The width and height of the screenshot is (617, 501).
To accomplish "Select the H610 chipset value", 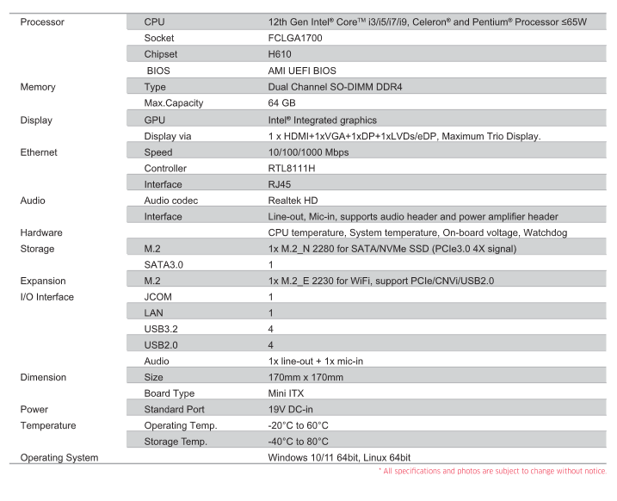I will pyautogui.click(x=281, y=54).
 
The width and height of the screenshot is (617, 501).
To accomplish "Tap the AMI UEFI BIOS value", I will pyautogui.click(x=302, y=71).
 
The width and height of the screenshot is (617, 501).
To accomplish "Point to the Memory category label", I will pyautogui.click(x=38, y=87).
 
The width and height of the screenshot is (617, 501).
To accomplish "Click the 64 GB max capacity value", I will pyautogui.click(x=283, y=103).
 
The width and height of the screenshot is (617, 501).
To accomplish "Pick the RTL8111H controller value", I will pyautogui.click(x=293, y=168).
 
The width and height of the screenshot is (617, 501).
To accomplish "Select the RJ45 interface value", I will pyautogui.click(x=281, y=184).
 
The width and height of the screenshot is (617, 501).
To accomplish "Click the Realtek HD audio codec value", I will pyautogui.click(x=293, y=201).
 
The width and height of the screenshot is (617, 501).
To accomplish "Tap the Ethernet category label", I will pyautogui.click(x=39, y=152).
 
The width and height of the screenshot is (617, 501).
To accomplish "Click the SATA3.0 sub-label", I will pyautogui.click(x=164, y=265).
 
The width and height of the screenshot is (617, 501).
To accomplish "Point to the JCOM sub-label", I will pyautogui.click(x=158, y=297).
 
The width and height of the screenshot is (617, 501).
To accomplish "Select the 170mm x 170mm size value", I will pyautogui.click(x=305, y=377).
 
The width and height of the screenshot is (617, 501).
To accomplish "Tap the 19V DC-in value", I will pyautogui.click(x=291, y=410).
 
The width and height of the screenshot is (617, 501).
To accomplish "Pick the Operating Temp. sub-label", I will pyautogui.click(x=181, y=425).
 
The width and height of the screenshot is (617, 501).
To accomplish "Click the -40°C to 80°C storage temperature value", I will pyautogui.click(x=298, y=442).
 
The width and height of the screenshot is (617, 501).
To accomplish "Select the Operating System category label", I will pyautogui.click(x=59, y=457).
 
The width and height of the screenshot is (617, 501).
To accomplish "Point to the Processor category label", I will pyautogui.click(x=42, y=22).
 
